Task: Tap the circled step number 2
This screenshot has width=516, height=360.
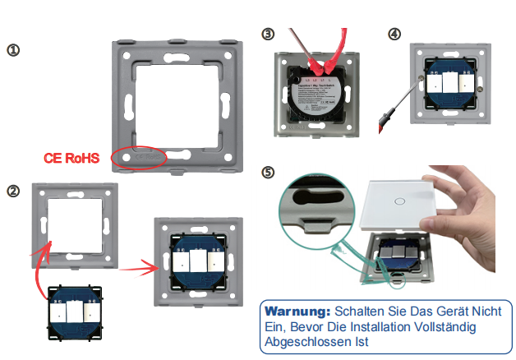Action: pos(13,191)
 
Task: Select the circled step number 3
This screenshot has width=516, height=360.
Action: pos(267,34)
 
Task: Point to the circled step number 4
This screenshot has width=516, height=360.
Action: pos(395,34)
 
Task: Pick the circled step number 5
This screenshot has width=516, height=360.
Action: pos(267,173)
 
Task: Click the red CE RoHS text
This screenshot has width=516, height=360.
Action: pos(71,158)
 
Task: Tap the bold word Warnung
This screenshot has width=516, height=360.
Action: pos(295,312)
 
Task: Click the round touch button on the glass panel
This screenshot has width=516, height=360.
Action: pos(399,200)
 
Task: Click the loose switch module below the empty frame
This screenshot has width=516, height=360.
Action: pos(75,312)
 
